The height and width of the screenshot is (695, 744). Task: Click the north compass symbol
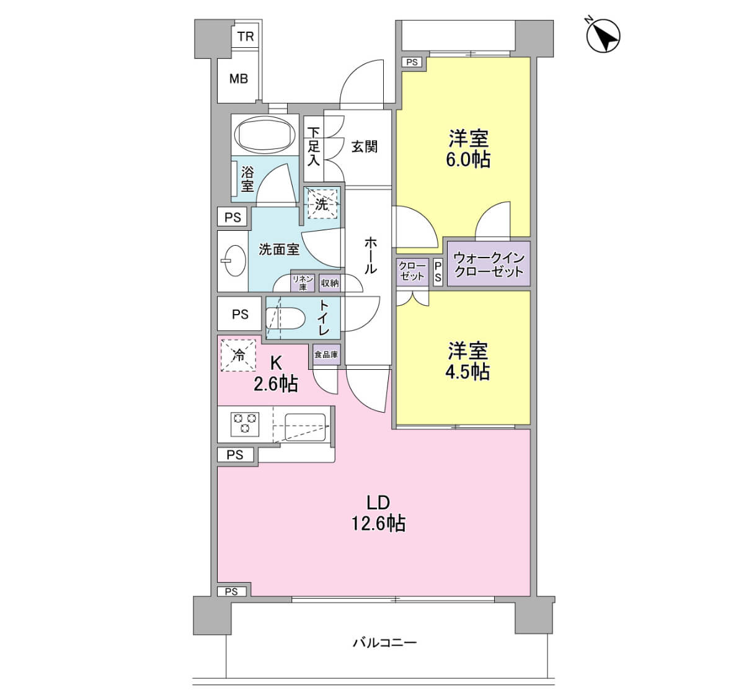click(603, 36)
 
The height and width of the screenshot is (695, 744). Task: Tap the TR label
click(246, 37)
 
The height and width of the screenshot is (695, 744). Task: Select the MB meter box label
click(239, 79)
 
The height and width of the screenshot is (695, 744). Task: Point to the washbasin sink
click(235, 261)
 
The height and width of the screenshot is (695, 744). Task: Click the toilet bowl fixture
click(285, 319)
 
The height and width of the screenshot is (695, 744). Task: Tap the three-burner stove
click(245, 423)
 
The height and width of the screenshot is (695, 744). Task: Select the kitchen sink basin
click(305, 427)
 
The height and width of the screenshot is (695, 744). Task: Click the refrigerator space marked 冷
click(238, 355)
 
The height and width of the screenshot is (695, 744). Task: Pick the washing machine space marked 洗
click(322, 204)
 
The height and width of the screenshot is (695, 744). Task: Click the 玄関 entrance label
click(364, 146)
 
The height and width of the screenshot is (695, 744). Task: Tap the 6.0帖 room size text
click(468, 159)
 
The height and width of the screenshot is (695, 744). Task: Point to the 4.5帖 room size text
click(467, 372)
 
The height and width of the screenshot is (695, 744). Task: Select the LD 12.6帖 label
click(378, 513)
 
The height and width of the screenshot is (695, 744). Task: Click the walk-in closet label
click(489, 264)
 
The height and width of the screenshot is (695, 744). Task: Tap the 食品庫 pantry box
click(326, 354)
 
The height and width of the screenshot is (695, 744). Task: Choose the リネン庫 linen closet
click(303, 283)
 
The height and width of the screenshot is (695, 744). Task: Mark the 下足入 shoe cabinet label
click(314, 146)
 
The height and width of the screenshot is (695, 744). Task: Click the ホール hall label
click(370, 255)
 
